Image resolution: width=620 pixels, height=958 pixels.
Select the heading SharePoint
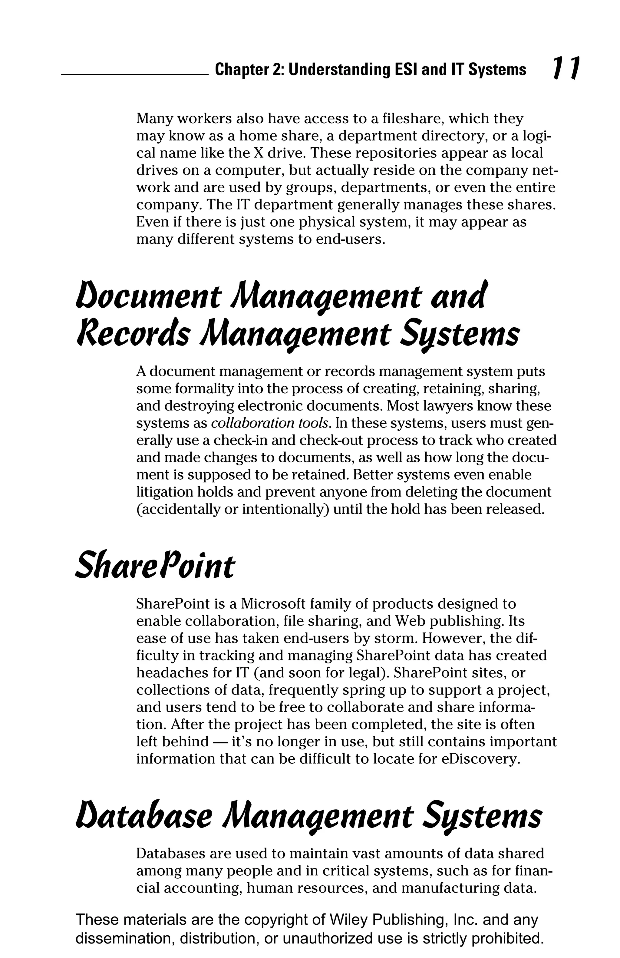(154, 566)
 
